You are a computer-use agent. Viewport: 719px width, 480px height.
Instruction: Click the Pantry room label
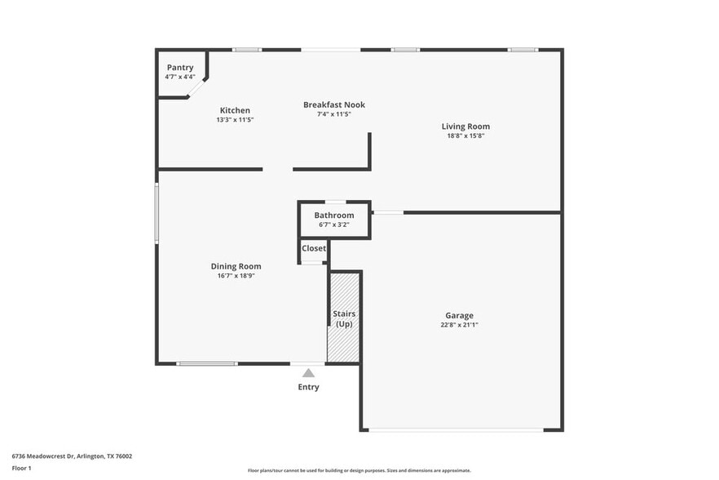tap(180, 67)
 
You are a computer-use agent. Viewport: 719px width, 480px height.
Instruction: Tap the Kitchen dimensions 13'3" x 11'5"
tap(235, 120)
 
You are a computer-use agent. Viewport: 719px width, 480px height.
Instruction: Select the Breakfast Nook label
tap(333, 104)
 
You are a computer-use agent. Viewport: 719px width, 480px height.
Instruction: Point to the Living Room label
tap(465, 127)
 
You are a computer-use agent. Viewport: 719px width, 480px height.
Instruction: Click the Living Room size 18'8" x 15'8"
tap(465, 136)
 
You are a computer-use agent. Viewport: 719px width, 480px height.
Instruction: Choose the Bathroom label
tap(333, 216)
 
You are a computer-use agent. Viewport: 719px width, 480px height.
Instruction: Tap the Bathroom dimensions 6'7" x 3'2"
tap(333, 224)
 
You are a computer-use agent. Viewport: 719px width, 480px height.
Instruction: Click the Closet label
tap(314, 248)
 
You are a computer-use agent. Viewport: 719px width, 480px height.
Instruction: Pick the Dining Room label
tap(236, 266)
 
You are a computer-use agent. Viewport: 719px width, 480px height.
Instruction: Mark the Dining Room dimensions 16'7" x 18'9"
tap(236, 276)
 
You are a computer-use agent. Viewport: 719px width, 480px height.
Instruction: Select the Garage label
tap(459, 315)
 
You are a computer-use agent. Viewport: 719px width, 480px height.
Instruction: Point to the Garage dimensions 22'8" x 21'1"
tap(459, 325)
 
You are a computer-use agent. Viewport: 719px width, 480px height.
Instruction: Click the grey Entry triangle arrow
tap(308, 372)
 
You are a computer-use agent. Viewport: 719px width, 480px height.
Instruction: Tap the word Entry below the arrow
tap(308, 387)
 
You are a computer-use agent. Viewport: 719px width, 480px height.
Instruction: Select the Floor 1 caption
tap(22, 469)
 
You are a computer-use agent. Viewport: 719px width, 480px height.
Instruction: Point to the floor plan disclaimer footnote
tap(359, 470)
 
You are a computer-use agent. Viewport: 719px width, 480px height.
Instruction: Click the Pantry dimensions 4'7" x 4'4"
tap(180, 77)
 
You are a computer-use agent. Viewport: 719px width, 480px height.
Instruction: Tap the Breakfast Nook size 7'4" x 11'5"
tap(333, 114)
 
